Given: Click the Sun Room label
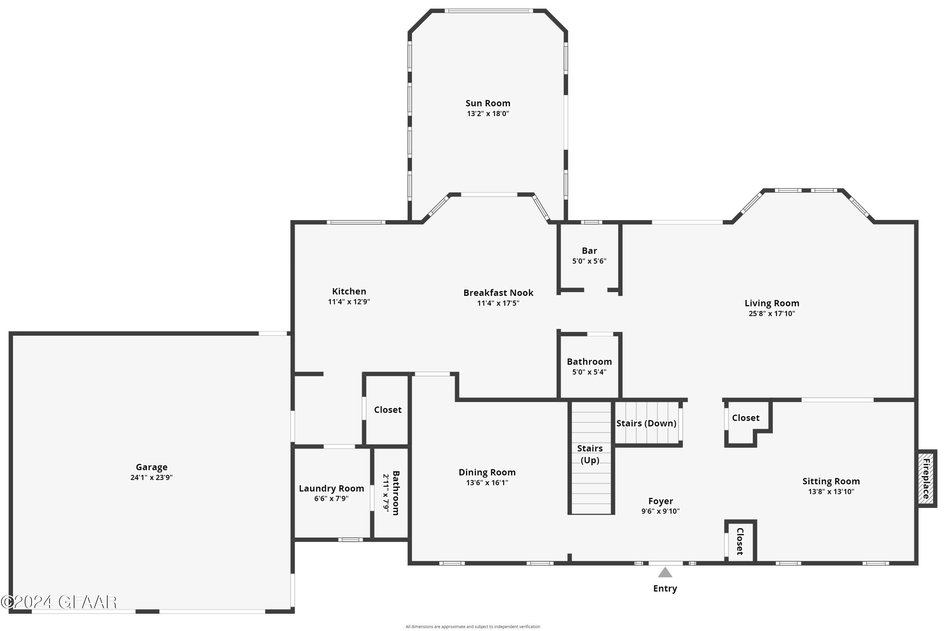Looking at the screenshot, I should (x=488, y=103).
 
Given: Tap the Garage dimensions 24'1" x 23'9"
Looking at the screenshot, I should (x=151, y=478).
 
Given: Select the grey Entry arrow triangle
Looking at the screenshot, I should (x=665, y=572).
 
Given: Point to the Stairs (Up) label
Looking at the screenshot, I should (x=590, y=454).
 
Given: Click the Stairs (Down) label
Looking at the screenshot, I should (x=646, y=423).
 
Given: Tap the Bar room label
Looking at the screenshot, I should (x=589, y=251).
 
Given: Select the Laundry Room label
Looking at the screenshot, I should (x=331, y=488).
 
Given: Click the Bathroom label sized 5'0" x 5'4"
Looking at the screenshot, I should (x=589, y=362).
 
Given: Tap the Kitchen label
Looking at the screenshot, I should (x=349, y=291).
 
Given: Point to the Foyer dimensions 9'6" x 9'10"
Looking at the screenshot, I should (x=660, y=511).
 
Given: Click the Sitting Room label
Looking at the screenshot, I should (x=831, y=481).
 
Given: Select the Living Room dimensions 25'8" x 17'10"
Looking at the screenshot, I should (x=771, y=314).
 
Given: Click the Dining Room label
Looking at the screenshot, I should (x=487, y=472).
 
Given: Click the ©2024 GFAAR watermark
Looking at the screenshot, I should (x=59, y=602).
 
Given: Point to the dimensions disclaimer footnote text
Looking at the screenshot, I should (x=473, y=627).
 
